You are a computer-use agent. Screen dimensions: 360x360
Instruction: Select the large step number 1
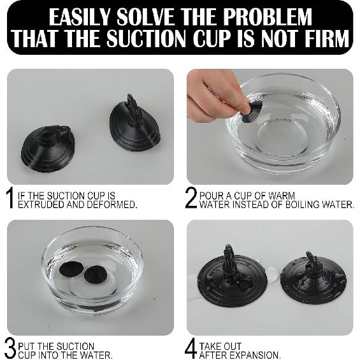[x=10, y=198]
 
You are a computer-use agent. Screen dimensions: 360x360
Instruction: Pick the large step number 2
[x=191, y=198]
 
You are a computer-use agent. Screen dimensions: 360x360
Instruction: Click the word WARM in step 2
[x=282, y=196]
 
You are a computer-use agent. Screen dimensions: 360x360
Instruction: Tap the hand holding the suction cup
[x=218, y=96]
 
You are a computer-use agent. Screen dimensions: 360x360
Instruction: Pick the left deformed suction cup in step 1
[x=48, y=147]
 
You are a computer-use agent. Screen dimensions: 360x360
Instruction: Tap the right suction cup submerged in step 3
[x=94, y=275]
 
